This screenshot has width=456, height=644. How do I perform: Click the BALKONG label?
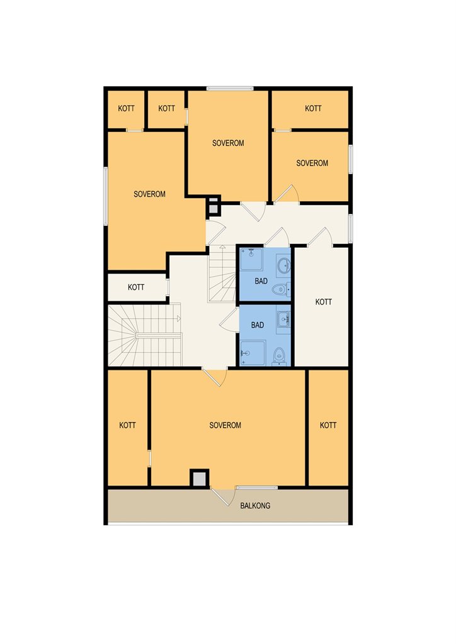point(255,506)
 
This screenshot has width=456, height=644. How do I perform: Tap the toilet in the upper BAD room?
point(282,289)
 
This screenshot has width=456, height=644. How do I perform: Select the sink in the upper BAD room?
point(283,266)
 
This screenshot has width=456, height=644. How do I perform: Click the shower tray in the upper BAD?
point(252,259)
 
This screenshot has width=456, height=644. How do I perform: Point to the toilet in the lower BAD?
point(280,356)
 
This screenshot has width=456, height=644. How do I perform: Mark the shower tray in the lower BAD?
point(253,353)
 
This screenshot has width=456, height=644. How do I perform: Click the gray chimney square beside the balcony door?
point(200,479)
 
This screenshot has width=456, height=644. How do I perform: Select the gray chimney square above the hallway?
point(213,208)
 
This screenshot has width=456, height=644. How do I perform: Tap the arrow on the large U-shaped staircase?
point(179,318)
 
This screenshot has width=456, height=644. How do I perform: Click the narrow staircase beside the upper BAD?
point(222,274)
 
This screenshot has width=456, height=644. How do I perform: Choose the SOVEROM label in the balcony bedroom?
point(225,425)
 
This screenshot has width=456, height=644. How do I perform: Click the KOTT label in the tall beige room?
point(324,302)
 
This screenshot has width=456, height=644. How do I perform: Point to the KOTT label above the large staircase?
point(135,287)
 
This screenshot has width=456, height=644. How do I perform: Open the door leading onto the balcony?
point(222,496)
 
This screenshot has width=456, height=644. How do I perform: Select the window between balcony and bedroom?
point(256,487)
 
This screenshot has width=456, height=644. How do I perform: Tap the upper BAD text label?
point(261,281)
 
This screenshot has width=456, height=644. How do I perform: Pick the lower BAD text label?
point(258,325)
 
